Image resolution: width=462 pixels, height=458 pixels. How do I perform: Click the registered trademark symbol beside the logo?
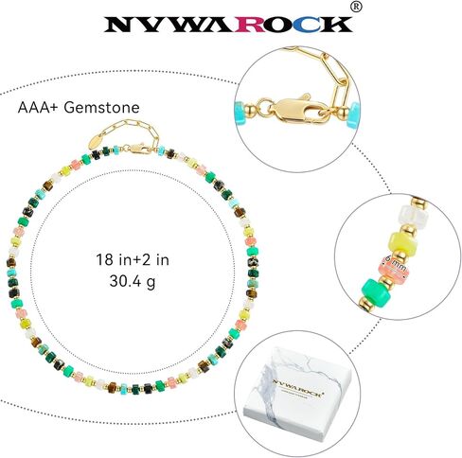pyautogui.click(x=356, y=7)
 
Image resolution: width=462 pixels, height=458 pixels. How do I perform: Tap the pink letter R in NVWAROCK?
pyautogui.click(x=253, y=25)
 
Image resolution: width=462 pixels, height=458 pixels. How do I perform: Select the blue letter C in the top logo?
pyautogui.click(x=308, y=25)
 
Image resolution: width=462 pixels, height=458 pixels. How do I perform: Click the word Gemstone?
pyautogui.click(x=102, y=108)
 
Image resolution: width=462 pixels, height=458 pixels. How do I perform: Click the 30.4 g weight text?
pyautogui.click(x=133, y=281)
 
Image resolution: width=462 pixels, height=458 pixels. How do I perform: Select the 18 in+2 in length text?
pyautogui.click(x=133, y=260)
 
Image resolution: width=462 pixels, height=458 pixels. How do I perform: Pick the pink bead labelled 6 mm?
pyautogui.click(x=394, y=267)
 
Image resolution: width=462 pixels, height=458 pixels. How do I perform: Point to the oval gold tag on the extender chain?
pyautogui.click(x=98, y=141)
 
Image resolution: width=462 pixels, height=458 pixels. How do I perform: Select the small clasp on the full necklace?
pyautogui.click(x=136, y=148)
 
